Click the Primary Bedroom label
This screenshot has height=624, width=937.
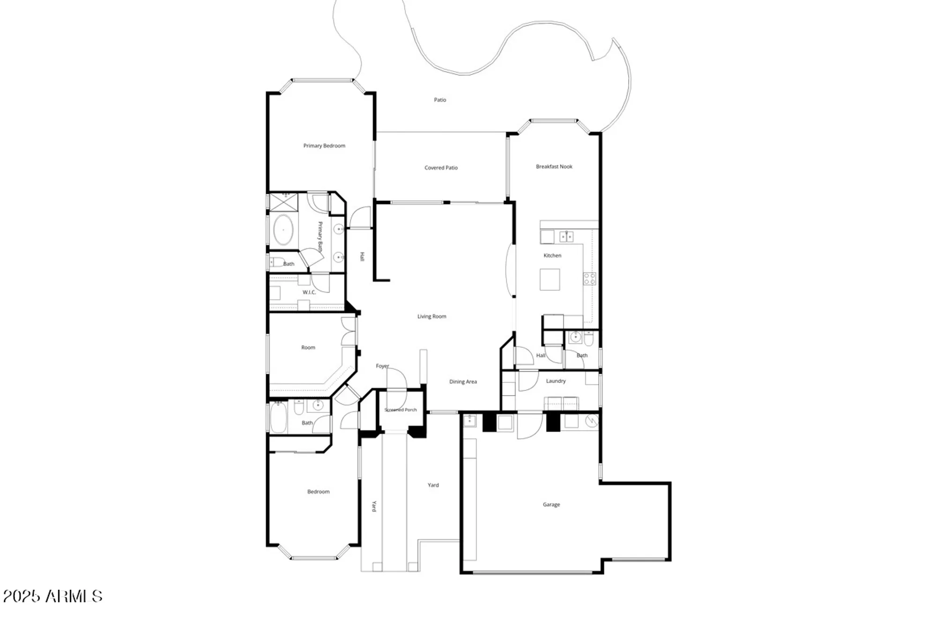(x=324, y=146)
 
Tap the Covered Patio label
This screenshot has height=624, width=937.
(x=441, y=168)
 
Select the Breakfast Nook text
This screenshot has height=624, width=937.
(x=554, y=166)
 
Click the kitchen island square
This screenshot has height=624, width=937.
(x=550, y=279)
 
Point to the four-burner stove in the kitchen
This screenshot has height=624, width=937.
(x=589, y=279)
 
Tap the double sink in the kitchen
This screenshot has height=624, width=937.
(x=566, y=236)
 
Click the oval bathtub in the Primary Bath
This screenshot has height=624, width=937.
(x=283, y=230)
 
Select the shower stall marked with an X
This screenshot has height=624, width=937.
(x=283, y=202)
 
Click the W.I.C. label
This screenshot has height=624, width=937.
(x=309, y=292)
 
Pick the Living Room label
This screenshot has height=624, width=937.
(x=431, y=316)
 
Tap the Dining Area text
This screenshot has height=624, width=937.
(x=463, y=382)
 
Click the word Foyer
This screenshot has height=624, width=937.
(x=382, y=366)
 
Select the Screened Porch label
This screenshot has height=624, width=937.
(x=401, y=410)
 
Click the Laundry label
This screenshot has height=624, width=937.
(x=556, y=381)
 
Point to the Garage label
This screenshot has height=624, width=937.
(x=551, y=505)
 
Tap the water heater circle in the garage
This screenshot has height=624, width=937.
(x=592, y=421)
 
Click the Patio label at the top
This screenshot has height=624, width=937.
(x=439, y=100)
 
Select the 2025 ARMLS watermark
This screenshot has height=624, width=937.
(x=52, y=596)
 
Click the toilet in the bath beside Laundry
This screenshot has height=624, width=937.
(x=589, y=338)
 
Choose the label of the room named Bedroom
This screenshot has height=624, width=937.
(x=318, y=492)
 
